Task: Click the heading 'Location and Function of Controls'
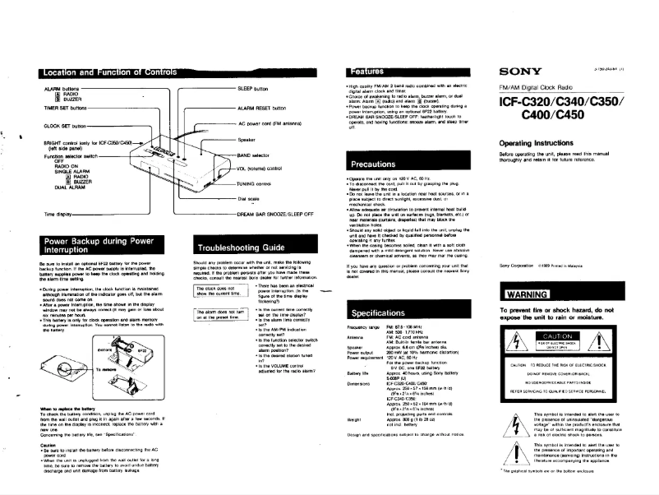pyautogui.click(x=126, y=73)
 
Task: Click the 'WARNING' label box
pyautogui.click(x=531, y=294)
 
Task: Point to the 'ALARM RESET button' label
pyautogui.click(x=261, y=108)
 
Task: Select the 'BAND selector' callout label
pyautogui.click(x=256, y=154)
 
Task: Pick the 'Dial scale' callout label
pyautogui.click(x=250, y=198)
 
